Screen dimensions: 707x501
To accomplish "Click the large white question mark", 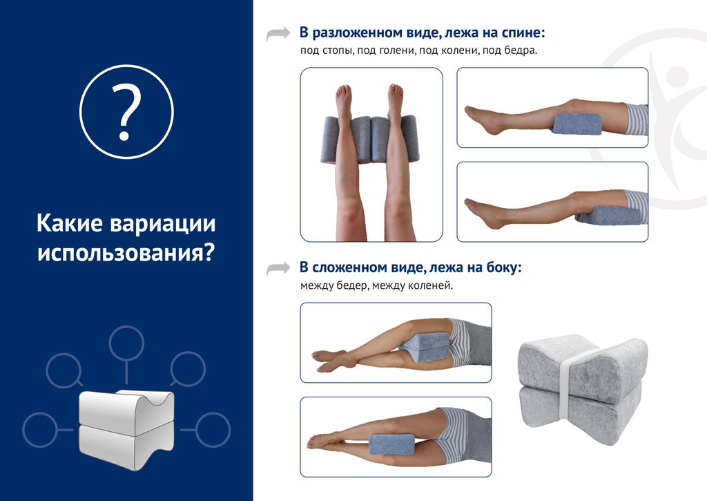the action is [x=126, y=113].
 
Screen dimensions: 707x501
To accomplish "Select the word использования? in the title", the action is [x=126, y=253].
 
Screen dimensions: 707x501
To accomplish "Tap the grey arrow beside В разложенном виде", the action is [x=278, y=34].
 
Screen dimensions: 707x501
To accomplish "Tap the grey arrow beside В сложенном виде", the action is [x=278, y=268].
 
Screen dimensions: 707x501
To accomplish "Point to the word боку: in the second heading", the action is [x=504, y=267].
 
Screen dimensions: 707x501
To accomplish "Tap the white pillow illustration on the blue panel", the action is [x=126, y=428].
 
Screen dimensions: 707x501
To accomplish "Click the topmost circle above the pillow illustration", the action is [x=127, y=343].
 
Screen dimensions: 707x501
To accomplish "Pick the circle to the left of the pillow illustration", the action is [x=41, y=430].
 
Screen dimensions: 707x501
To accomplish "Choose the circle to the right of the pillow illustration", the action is [x=213, y=430].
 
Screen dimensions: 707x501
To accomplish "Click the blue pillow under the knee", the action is [x=577, y=124].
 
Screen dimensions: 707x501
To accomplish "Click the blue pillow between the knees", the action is [x=391, y=444].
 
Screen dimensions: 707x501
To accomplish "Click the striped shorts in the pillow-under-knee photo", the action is [x=637, y=119].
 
